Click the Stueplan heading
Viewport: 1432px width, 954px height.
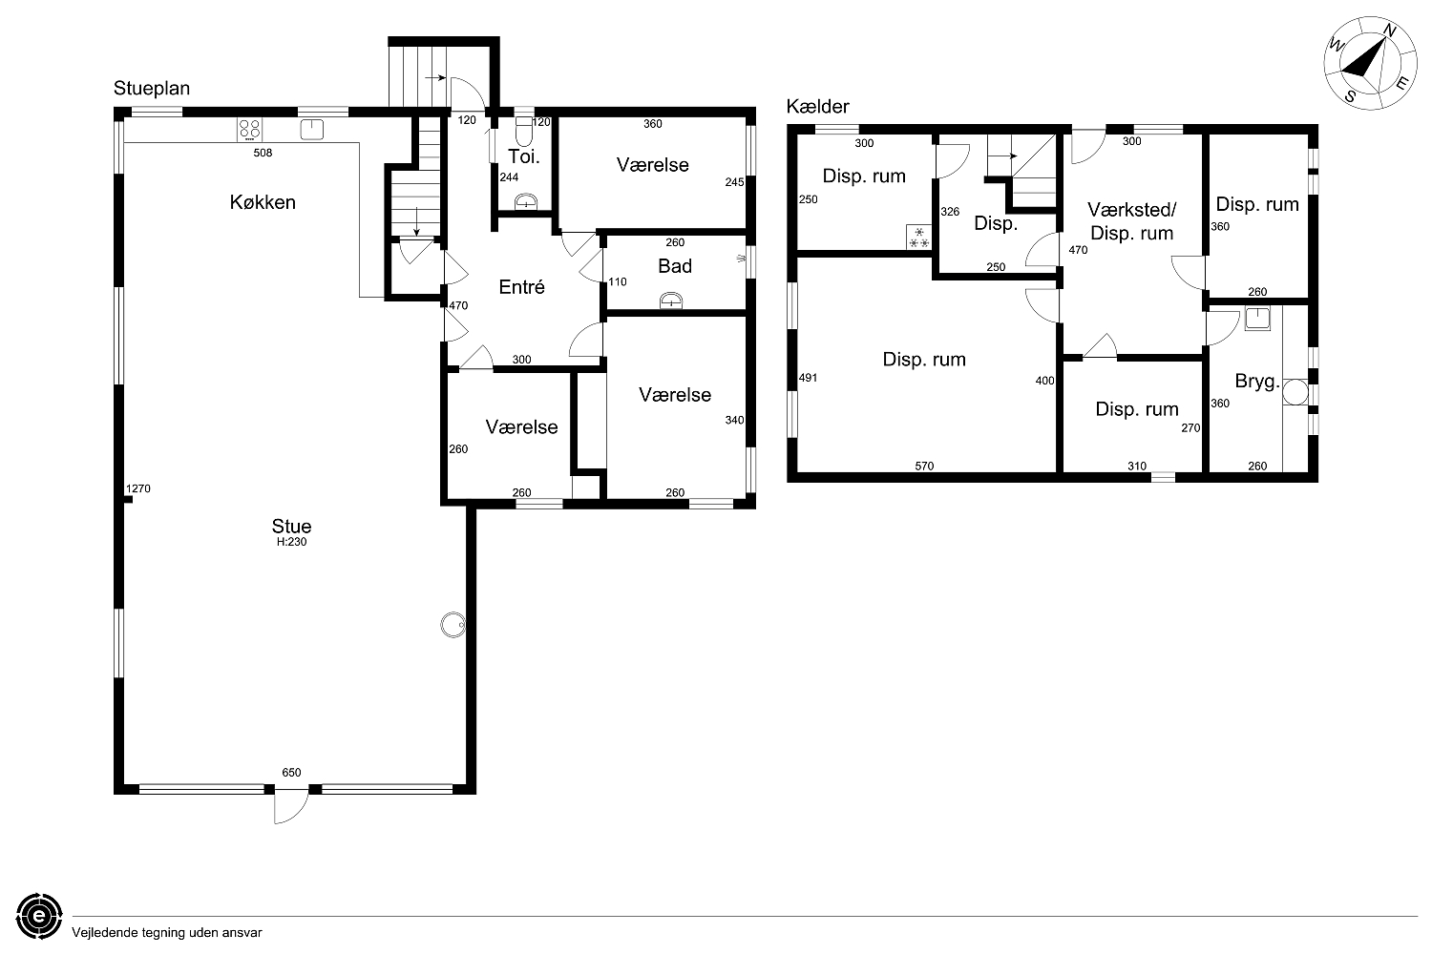(x=152, y=88)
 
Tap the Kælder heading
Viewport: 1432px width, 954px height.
(x=817, y=106)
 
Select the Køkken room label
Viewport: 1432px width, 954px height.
(x=263, y=202)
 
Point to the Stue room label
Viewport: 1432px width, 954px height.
(x=291, y=526)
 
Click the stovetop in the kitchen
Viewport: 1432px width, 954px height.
(x=249, y=130)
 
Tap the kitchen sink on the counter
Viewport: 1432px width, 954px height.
(x=311, y=130)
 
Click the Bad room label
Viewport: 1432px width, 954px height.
(x=675, y=266)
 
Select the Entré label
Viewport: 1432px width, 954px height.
(x=521, y=287)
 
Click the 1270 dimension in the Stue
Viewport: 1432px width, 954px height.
(x=138, y=488)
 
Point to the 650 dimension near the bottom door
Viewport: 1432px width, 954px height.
(x=291, y=773)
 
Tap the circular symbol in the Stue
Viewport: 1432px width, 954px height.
(x=453, y=625)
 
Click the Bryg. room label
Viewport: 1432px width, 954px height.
(x=1257, y=382)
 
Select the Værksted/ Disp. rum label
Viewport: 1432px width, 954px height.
(x=1131, y=221)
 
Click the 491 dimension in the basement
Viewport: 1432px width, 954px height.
(x=808, y=378)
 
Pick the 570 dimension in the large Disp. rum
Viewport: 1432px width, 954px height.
(x=924, y=466)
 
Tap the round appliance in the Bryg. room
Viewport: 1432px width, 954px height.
(x=1295, y=392)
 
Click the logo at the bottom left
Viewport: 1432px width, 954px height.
(x=39, y=916)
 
